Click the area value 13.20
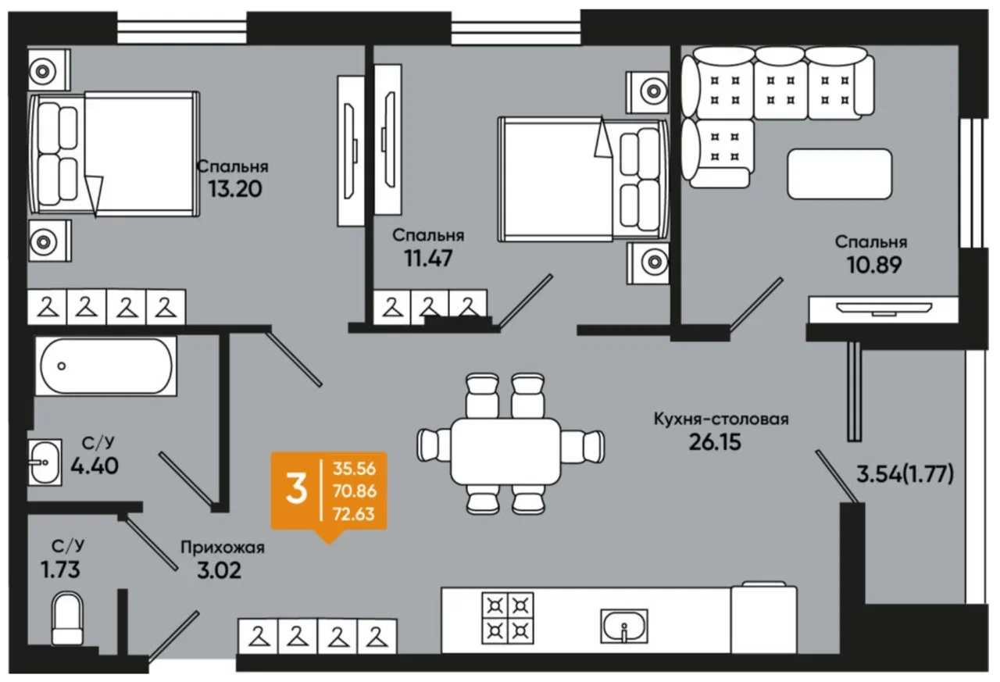tap(235, 189)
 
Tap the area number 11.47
tap(429, 258)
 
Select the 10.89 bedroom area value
tap(874, 265)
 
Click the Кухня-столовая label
tap(721, 419)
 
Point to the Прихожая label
tap(223, 547)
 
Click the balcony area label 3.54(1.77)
tap(905, 473)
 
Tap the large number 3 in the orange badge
tap(296, 490)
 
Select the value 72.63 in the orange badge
tap(354, 514)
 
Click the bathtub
tap(106, 366)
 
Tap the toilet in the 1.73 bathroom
tap(67, 618)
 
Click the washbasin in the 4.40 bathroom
tap(45, 462)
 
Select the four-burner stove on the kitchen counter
tap(508, 618)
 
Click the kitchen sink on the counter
tap(624, 626)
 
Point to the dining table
tap(505, 452)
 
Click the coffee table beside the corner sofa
tap(840, 174)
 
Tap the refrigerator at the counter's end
tap(764, 617)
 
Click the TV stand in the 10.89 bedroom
tap(884, 309)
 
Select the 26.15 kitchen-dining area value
tap(715, 442)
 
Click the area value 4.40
tap(95, 466)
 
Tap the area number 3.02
tap(220, 570)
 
